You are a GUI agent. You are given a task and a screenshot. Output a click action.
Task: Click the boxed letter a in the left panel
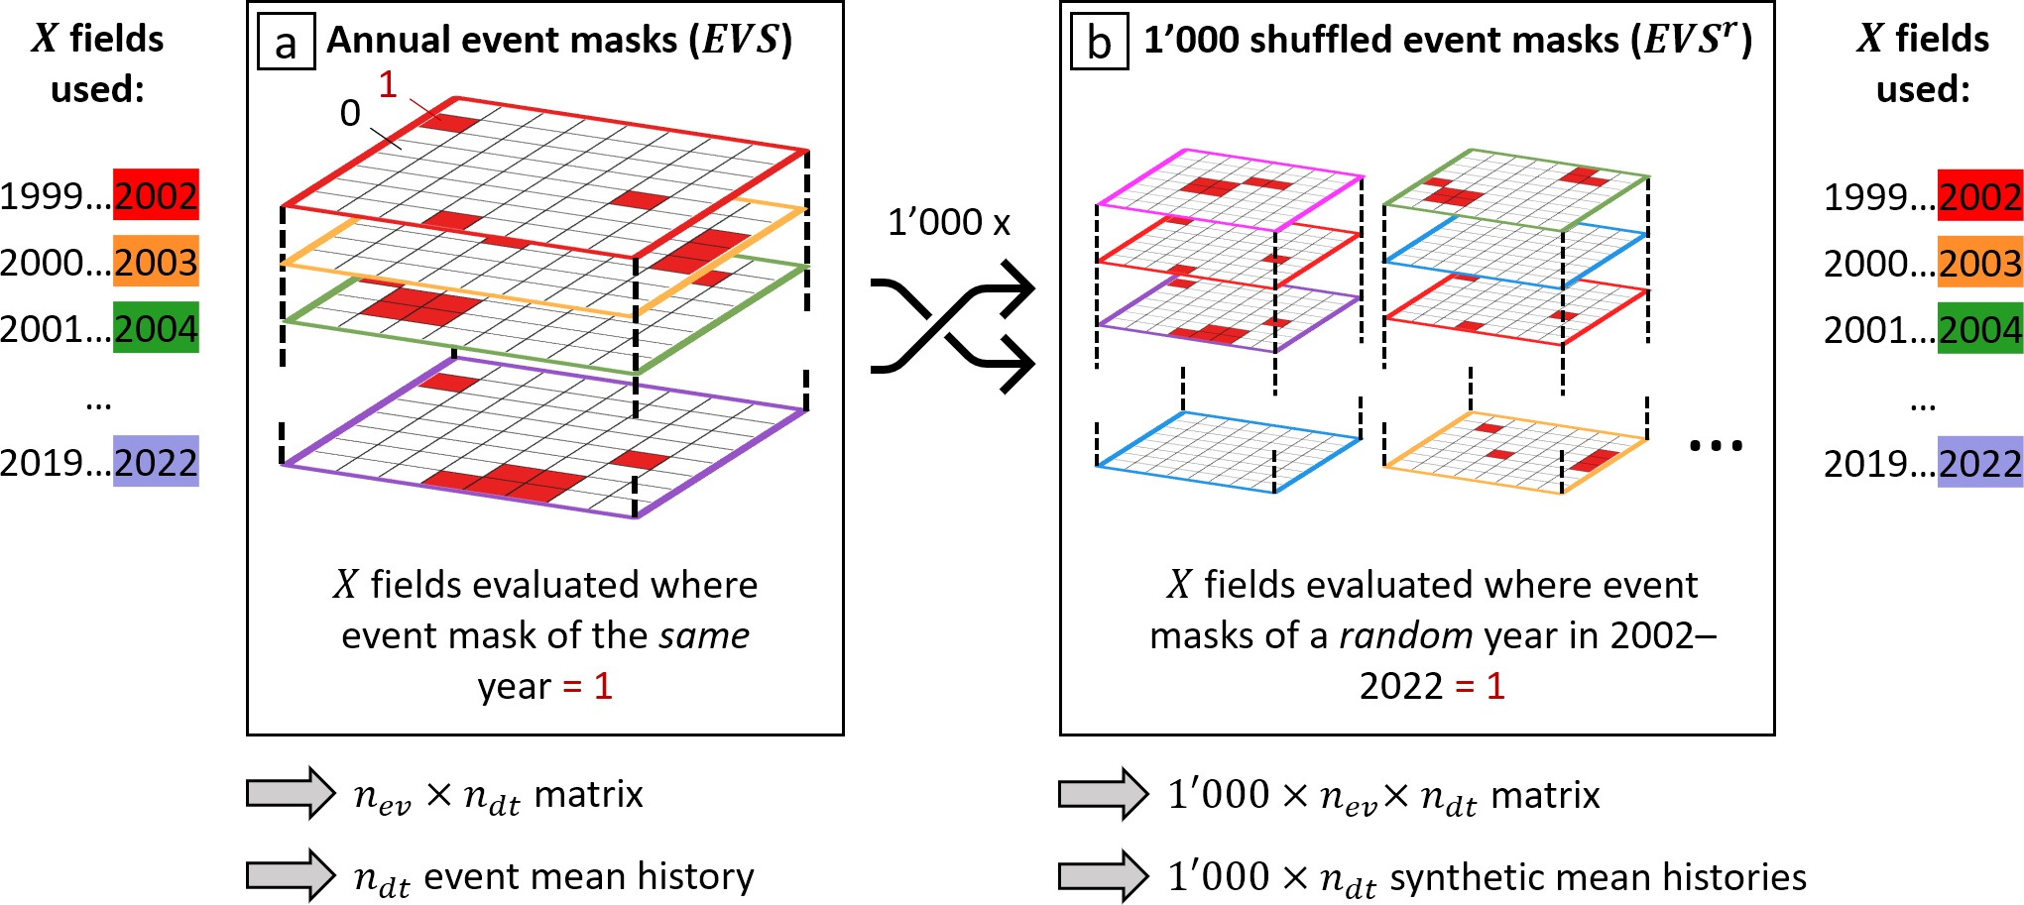click(286, 42)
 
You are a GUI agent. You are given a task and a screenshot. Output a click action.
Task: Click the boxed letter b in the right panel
click(1099, 42)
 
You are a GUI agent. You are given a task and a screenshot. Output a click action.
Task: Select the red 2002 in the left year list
click(156, 195)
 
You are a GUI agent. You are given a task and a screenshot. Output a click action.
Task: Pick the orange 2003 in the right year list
click(1979, 263)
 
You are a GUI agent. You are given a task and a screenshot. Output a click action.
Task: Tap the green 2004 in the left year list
click(156, 328)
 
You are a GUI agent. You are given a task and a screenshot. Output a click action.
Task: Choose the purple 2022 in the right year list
click(1979, 463)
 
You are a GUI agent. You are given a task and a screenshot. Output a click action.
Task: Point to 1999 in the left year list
click(42, 196)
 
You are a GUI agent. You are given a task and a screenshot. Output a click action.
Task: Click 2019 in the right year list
click(1866, 464)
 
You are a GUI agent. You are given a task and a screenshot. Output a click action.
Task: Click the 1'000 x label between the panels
click(948, 222)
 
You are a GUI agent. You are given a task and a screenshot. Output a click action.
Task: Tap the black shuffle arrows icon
click(952, 325)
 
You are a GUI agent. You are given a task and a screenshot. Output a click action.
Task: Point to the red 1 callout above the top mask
click(388, 84)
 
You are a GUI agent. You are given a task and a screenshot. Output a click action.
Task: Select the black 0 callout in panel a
click(350, 113)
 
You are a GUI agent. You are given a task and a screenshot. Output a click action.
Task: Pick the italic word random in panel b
click(1405, 635)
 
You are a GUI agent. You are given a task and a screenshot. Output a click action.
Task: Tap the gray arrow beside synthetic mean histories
click(1104, 876)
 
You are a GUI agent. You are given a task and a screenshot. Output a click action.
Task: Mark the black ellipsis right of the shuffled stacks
click(1716, 446)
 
